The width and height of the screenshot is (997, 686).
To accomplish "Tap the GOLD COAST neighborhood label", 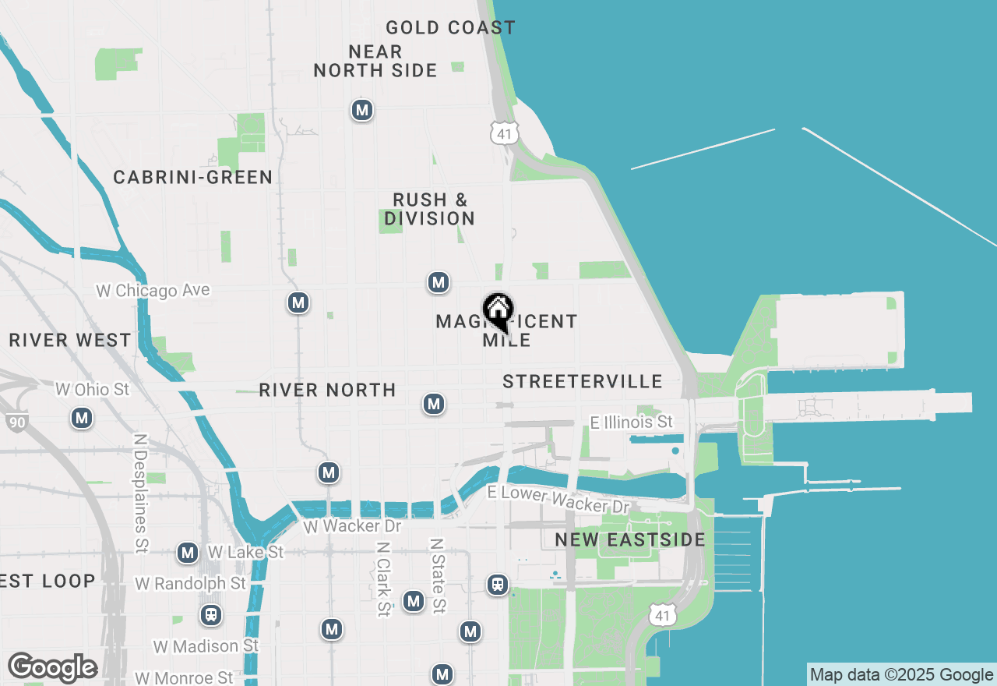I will [450, 28].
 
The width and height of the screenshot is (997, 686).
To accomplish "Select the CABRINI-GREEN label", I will [193, 177].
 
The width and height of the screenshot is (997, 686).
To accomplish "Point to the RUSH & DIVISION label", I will [429, 209].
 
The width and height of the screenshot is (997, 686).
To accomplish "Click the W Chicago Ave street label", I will [153, 290].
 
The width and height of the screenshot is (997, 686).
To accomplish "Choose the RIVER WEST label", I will [70, 340].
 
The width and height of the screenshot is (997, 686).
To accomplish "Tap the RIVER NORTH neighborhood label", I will [327, 390].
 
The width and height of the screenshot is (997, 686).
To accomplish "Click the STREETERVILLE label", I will [583, 381].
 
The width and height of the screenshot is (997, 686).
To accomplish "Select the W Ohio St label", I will [92, 388].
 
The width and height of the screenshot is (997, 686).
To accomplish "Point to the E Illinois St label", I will [631, 422].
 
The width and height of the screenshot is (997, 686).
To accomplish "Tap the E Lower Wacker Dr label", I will [558, 499].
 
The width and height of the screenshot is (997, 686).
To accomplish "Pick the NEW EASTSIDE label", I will [630, 539].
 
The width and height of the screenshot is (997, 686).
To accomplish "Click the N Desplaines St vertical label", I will [141, 493].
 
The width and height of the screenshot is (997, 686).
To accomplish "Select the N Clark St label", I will [382, 578].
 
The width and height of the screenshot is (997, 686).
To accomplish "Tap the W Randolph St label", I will [190, 583].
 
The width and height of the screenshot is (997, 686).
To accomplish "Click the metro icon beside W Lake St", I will [187, 553].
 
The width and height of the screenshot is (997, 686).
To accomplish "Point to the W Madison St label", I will [206, 646].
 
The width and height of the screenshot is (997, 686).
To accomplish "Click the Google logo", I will [52, 667].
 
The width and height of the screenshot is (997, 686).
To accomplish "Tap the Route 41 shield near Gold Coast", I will [504, 133].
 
